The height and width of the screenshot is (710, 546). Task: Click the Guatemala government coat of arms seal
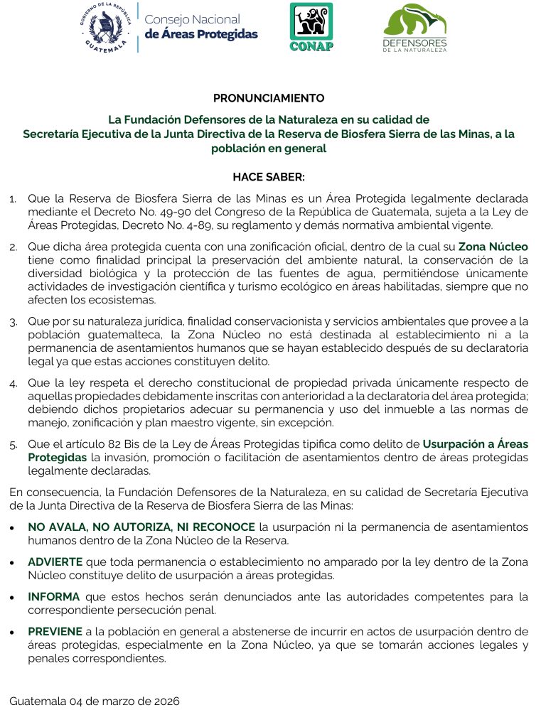[x=105, y=26]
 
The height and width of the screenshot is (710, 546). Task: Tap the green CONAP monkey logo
[x=311, y=26]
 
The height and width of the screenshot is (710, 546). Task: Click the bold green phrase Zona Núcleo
[x=493, y=247]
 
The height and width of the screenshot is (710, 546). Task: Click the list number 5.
[x=14, y=445]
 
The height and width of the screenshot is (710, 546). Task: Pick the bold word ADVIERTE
[x=55, y=561]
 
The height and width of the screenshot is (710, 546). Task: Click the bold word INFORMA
[x=54, y=596]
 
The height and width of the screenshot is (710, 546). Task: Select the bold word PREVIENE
[x=55, y=631]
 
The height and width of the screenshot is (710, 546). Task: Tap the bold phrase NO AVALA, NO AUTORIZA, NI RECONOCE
[x=141, y=527]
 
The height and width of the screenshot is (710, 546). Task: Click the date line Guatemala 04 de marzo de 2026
[x=95, y=701]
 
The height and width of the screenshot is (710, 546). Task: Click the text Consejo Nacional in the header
[x=192, y=19]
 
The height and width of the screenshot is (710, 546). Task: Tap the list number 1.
[x=14, y=198]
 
